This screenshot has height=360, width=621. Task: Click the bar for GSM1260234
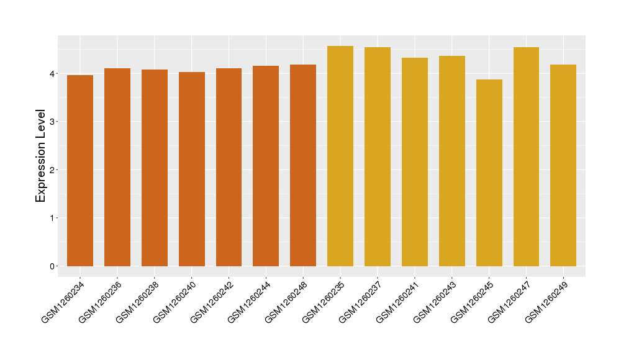pos(80,171)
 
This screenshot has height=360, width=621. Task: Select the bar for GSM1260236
pos(117,168)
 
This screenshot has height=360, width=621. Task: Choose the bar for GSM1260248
pos(303,166)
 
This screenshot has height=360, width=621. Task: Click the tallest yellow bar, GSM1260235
pos(340,156)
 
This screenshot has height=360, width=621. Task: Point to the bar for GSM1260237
pos(378,157)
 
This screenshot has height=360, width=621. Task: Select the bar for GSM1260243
pos(452,161)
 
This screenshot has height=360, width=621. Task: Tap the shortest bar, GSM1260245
pos(489,173)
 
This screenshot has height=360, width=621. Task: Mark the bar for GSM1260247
pos(526,157)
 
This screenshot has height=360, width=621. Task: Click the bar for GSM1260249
pos(563,166)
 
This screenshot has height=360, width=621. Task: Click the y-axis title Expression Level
pos(41,156)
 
